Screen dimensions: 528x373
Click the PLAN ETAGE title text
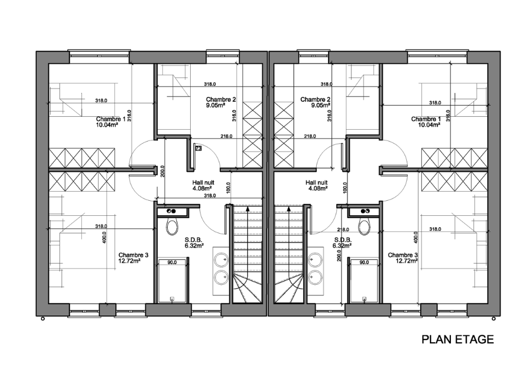click(x=457, y=340)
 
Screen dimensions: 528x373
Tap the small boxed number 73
click(x=198, y=148)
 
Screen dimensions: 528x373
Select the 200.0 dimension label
click(x=163, y=171)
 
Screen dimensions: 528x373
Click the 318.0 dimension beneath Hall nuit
click(x=210, y=195)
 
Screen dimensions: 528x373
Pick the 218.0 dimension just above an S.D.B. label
click(x=343, y=230)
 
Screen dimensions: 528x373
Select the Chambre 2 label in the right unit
click(x=315, y=100)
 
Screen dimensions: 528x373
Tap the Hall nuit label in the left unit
click(x=203, y=182)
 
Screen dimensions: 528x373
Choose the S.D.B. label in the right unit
click(x=343, y=240)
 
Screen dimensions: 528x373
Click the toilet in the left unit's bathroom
click(x=172, y=227)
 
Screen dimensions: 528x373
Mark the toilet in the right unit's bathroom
click(x=364, y=227)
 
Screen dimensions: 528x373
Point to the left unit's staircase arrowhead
click(x=248, y=209)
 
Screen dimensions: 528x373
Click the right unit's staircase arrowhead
click(x=289, y=209)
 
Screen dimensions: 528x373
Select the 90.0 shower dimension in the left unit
click(x=172, y=262)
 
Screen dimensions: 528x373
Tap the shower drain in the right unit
click(x=364, y=298)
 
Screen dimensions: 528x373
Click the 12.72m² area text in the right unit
click(x=407, y=261)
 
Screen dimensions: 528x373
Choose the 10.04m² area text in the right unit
click(x=429, y=125)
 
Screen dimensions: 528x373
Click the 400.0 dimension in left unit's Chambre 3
click(x=105, y=237)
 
